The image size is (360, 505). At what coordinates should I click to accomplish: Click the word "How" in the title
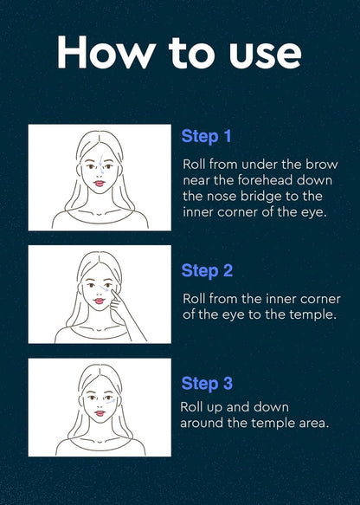[x=106, y=52]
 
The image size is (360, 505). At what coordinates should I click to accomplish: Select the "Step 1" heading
[x=207, y=137]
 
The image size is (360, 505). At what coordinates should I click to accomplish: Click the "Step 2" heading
[x=207, y=271]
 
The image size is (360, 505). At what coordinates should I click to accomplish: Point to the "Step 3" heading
[x=207, y=384]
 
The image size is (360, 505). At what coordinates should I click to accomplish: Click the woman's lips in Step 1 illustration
[x=100, y=184]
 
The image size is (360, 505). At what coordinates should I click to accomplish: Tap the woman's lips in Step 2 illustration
[x=100, y=301]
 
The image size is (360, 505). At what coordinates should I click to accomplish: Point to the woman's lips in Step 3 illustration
[x=100, y=413]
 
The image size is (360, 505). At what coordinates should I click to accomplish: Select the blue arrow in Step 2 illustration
[x=104, y=288]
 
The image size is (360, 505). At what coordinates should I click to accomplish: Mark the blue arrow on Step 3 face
[x=111, y=402]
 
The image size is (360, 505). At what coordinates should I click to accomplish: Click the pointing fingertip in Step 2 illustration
[x=114, y=293]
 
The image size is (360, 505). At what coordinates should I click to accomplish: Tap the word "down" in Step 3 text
[x=271, y=407]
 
